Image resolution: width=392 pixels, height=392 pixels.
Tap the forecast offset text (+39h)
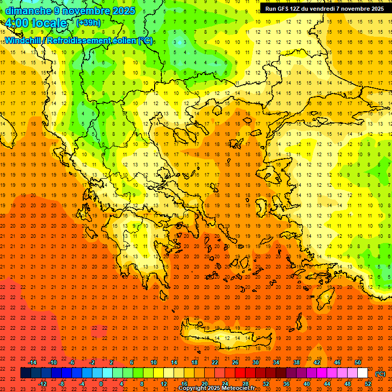pyautogui.click(x=88, y=23)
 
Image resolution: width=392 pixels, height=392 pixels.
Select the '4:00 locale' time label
pyautogui.click(x=35, y=23)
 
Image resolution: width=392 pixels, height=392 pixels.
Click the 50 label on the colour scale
pyautogui.click(x=357, y=362)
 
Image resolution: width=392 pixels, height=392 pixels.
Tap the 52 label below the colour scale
pyautogui.click(x=367, y=383)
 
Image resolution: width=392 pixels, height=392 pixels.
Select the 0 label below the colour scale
pyautogui.click(x=101, y=383)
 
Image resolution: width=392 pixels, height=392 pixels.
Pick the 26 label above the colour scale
pyautogui.click(x=235, y=362)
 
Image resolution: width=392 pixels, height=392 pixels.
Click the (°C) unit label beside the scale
pyautogui.click(x=380, y=373)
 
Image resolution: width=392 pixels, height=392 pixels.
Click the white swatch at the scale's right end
pyautogui.click(x=363, y=373)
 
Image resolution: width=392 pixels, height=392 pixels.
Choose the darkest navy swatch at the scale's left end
pyautogui.click(x=26, y=373)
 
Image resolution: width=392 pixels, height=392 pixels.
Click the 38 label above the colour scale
pyautogui.click(x=296, y=362)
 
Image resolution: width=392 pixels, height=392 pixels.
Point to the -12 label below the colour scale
pyautogui.click(x=42, y=383)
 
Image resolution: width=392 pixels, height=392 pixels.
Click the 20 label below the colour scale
pyautogui.click(x=204, y=383)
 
